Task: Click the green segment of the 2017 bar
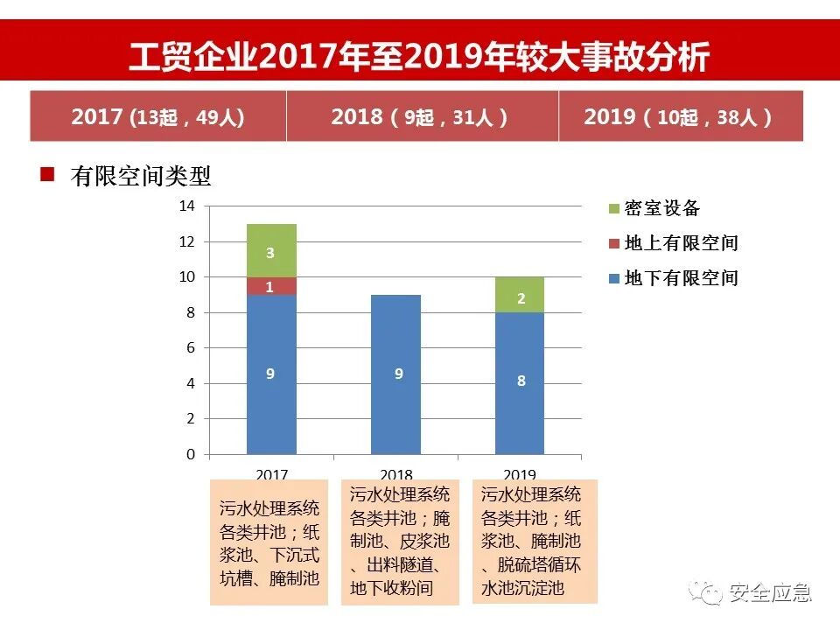(271, 251)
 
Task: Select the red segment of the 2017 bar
(271, 286)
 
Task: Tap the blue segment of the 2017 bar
(271, 374)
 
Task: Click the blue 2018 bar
(396, 374)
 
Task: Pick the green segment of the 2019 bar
(521, 296)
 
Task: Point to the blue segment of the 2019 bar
(521, 383)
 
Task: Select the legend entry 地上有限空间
(674, 243)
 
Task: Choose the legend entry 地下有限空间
(674, 278)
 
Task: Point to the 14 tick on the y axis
(186, 206)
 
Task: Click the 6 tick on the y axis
(190, 348)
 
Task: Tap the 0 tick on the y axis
(190, 455)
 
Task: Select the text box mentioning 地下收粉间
(400, 542)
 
